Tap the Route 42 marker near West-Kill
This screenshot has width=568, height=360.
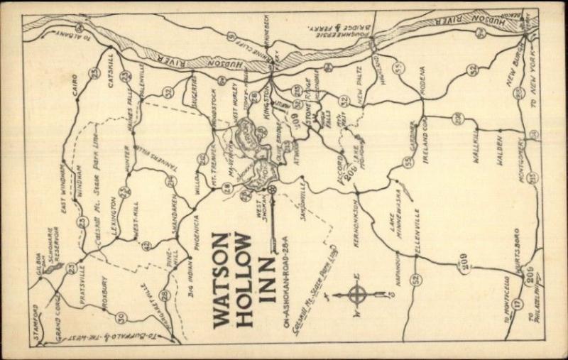(146, 246)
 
